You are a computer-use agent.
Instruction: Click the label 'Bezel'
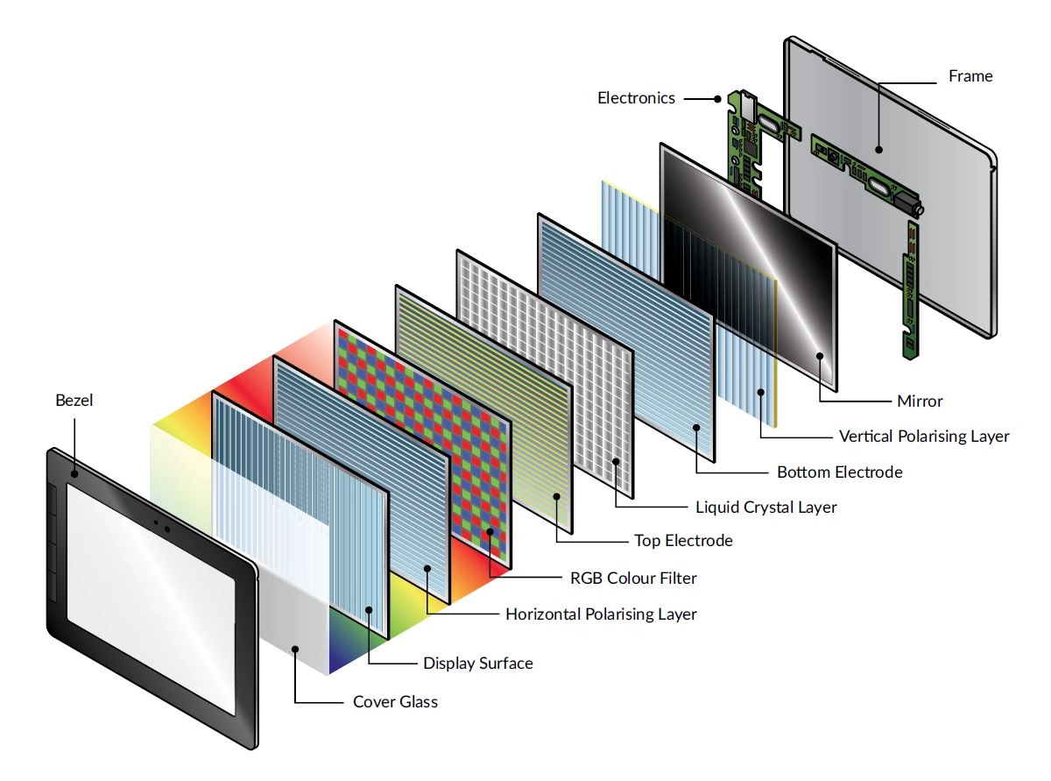pyautogui.click(x=73, y=401)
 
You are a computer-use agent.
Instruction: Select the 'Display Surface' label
pyautogui.click(x=477, y=664)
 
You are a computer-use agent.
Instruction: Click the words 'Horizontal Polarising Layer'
pyautogui.click(x=601, y=614)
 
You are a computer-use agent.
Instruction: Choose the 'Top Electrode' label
pyautogui.click(x=683, y=541)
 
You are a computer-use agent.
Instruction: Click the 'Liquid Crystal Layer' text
pyautogui.click(x=765, y=507)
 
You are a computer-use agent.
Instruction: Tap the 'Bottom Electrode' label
pyautogui.click(x=839, y=472)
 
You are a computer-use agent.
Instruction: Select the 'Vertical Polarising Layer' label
pyautogui.click(x=924, y=436)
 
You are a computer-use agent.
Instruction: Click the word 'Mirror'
pyautogui.click(x=920, y=401)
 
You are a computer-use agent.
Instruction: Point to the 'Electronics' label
pyautogui.click(x=636, y=98)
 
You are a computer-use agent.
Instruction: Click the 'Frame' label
pyautogui.click(x=970, y=76)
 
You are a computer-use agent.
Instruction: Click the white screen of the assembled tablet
pyautogui.click(x=149, y=596)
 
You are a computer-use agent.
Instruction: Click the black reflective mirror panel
pyautogui.click(x=744, y=263)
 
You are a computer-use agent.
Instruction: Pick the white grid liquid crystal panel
pyautogui.click(x=543, y=368)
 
